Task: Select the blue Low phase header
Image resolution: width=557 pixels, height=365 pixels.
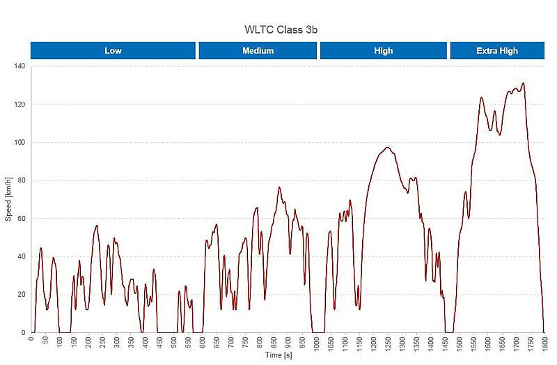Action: [x=113, y=51]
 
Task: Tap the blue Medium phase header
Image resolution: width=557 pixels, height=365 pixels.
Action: [x=258, y=51]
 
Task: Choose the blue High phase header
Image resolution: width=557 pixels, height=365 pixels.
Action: [x=383, y=51]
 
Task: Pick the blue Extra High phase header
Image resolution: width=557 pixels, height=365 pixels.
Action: [x=497, y=51]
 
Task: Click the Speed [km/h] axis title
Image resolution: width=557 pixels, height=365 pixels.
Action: [x=8, y=199]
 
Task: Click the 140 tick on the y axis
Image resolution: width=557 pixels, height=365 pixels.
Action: [x=19, y=66]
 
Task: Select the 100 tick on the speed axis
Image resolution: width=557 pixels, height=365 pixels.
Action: [x=19, y=142]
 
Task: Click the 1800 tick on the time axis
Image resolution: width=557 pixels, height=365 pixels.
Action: [x=544, y=343]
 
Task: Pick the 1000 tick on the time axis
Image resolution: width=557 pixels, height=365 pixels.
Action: [x=317, y=343]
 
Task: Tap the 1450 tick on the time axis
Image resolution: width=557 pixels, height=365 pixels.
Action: [x=445, y=343]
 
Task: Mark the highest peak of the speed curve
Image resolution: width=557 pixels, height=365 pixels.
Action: [x=523, y=84]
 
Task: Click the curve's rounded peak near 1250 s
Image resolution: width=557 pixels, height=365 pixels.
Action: [x=387, y=148]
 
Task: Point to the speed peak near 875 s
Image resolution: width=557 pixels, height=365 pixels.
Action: [x=279, y=187]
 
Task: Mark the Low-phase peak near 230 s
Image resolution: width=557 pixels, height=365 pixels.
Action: [x=97, y=226]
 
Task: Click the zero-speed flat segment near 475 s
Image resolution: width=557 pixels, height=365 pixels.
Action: [x=166, y=332]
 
